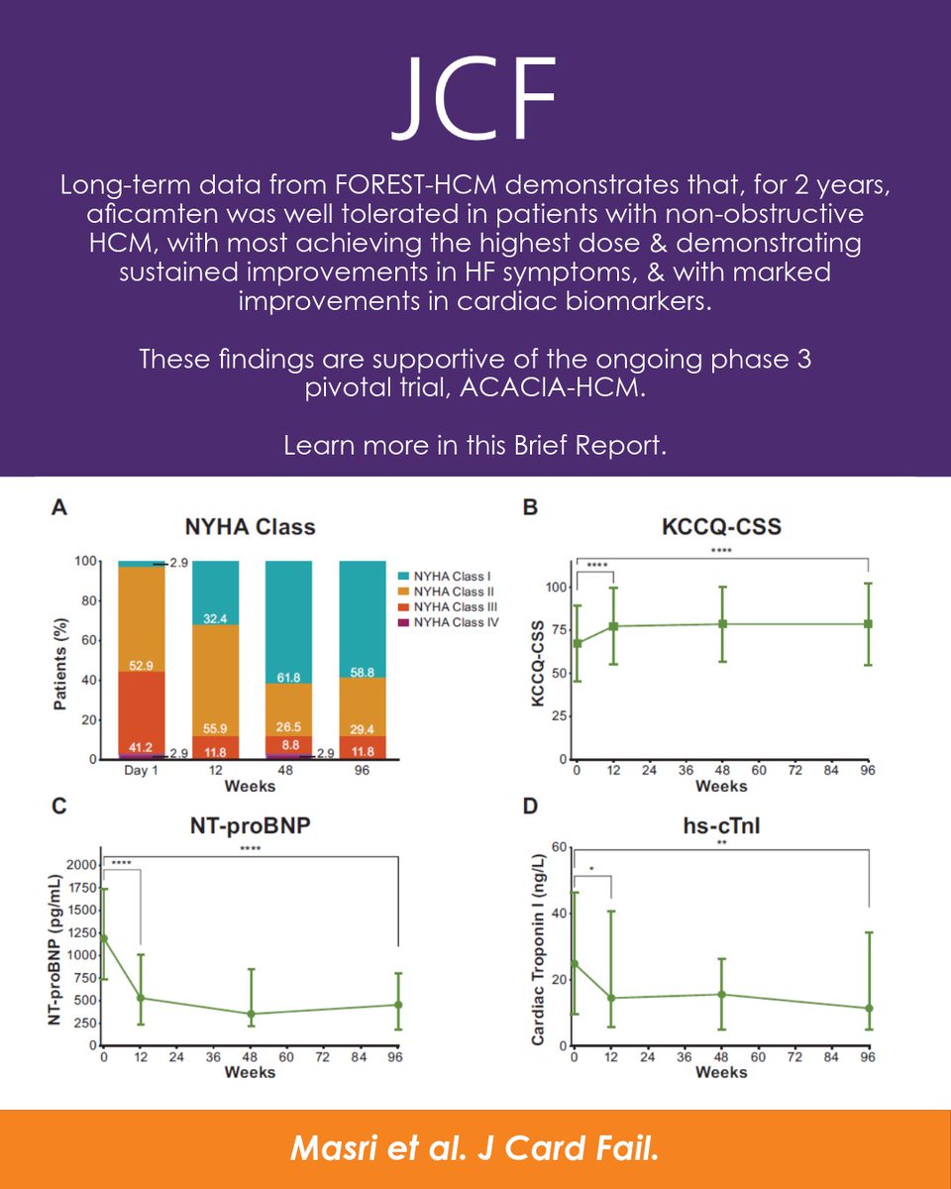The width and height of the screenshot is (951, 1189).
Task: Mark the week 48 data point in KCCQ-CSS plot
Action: coord(723,624)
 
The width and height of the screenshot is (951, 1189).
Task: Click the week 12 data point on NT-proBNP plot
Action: coord(141,998)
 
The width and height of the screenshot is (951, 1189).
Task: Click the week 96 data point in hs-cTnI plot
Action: coord(869,1009)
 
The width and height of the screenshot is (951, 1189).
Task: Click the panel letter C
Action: coord(58,808)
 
